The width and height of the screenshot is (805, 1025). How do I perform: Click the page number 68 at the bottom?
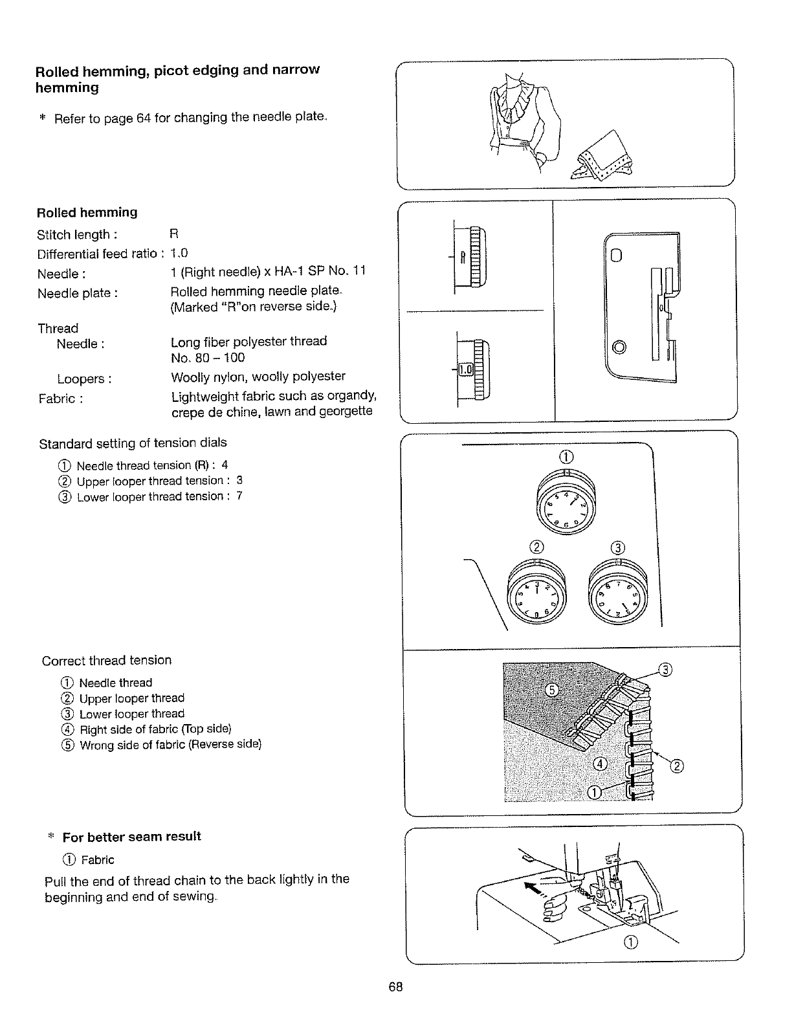[396, 987]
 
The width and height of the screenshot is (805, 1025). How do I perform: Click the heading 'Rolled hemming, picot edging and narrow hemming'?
[177, 78]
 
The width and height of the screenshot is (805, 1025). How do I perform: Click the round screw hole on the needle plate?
[619, 347]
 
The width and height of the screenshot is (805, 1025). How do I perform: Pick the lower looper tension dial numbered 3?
[619, 590]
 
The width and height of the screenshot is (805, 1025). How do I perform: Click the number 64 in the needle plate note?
[144, 118]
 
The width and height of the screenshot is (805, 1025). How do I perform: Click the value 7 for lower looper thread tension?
[239, 496]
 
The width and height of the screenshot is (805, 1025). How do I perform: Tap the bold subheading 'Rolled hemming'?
[87, 213]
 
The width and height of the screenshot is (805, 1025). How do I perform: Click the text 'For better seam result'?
[132, 837]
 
